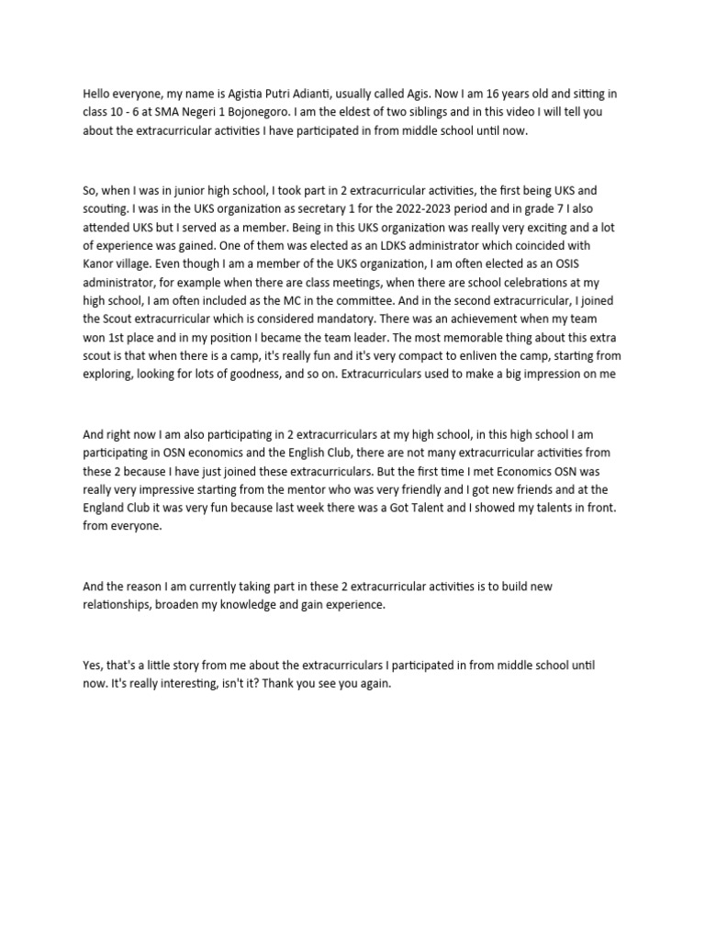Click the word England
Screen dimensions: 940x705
click(105, 509)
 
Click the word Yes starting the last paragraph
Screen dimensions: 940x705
click(93, 666)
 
